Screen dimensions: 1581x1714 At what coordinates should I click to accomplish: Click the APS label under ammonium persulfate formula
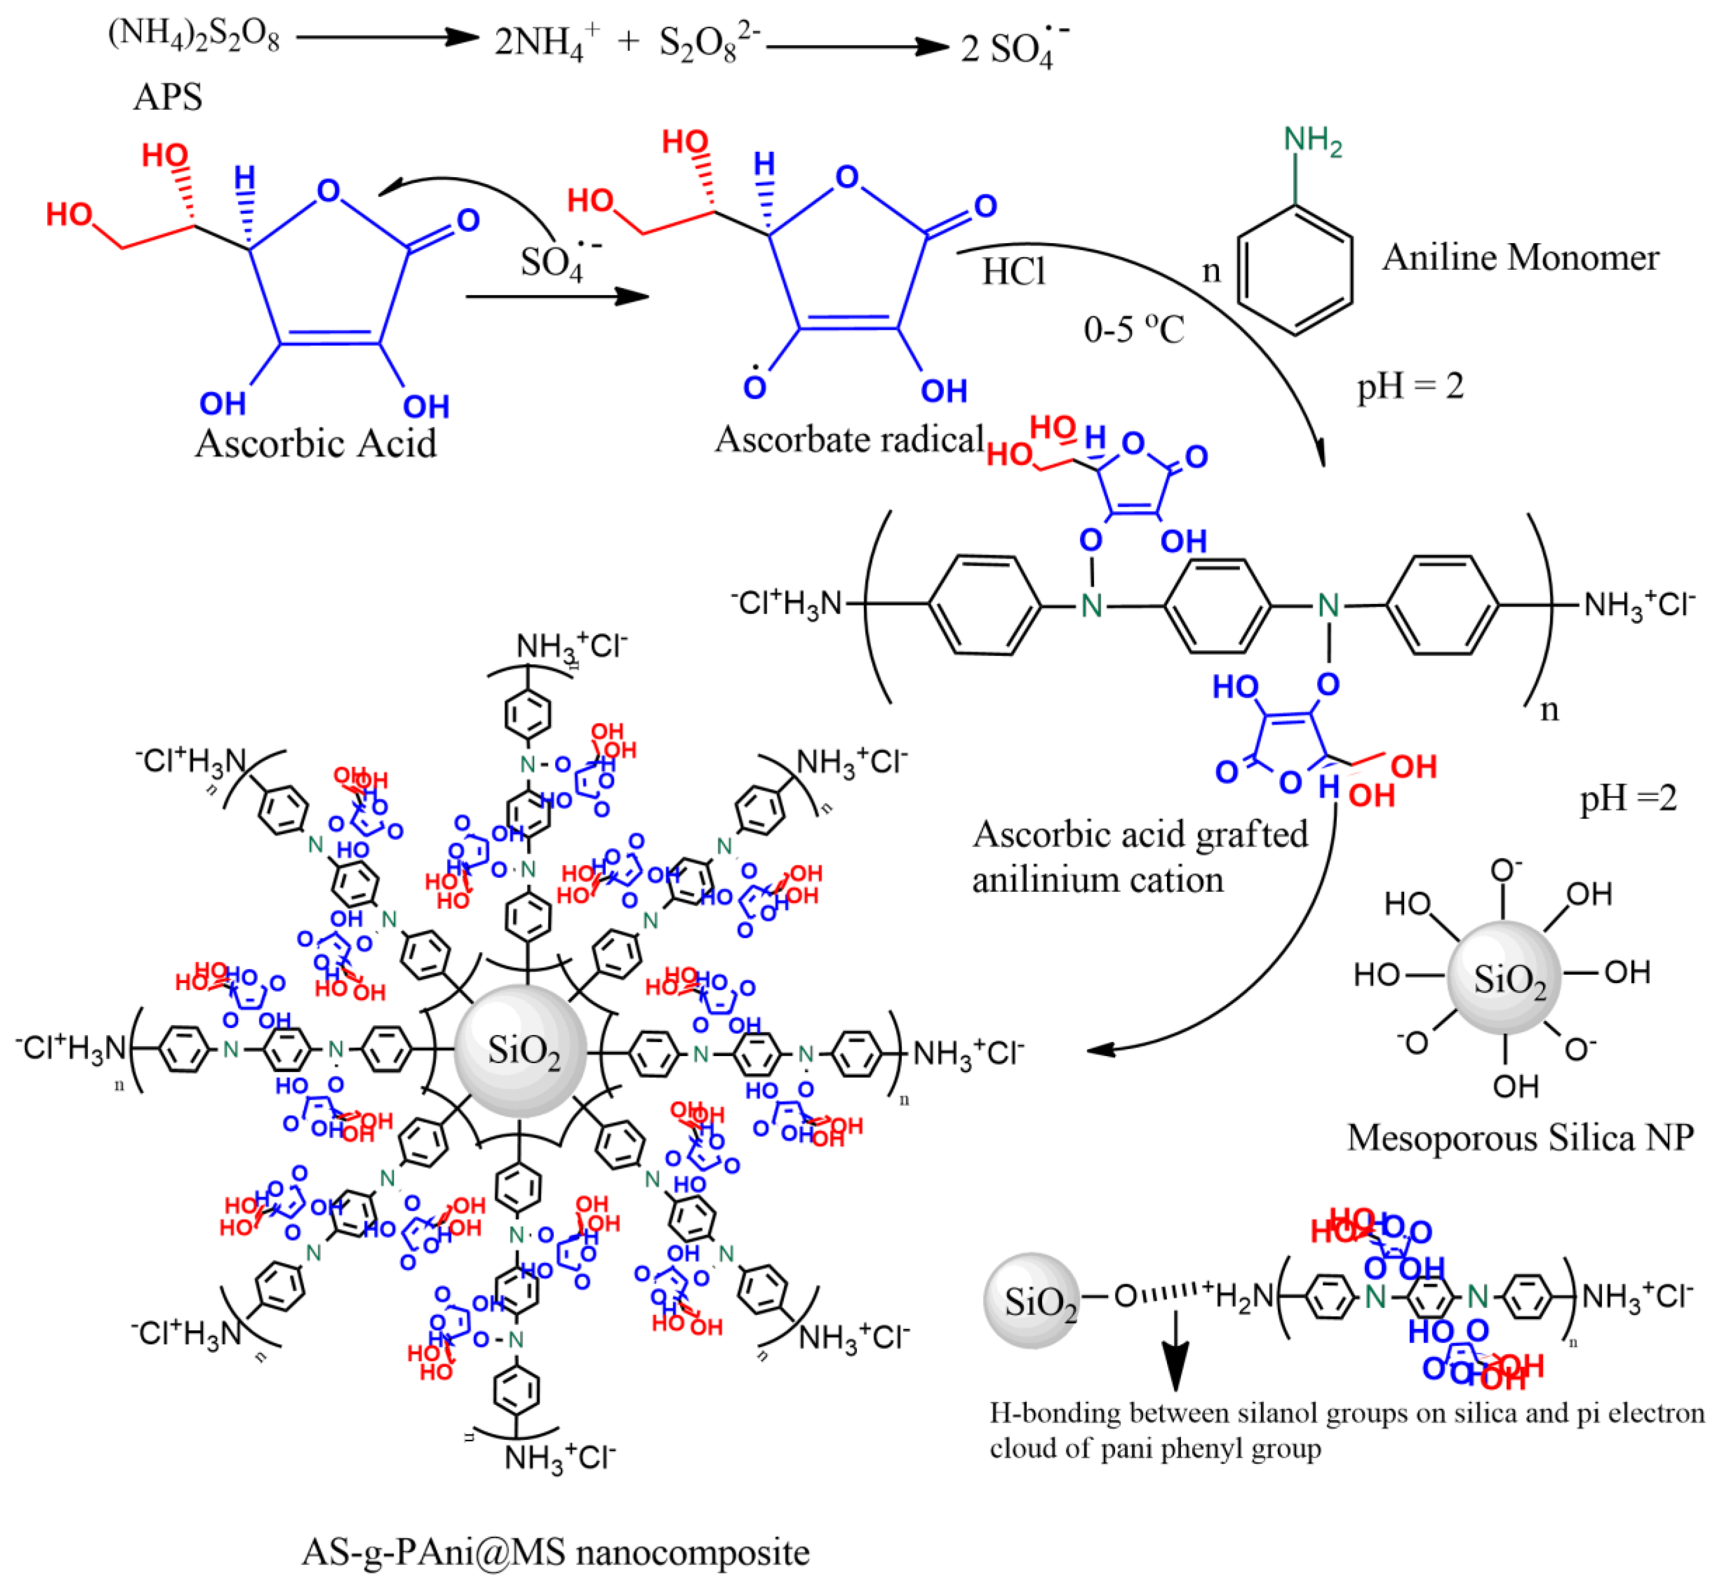pyautogui.click(x=168, y=97)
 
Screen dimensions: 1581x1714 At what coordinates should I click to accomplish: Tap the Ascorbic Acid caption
pyautogui.click(x=316, y=443)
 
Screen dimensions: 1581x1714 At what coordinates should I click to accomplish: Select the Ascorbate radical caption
pyautogui.click(x=849, y=439)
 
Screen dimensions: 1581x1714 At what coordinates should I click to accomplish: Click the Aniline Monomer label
pyautogui.click(x=1520, y=258)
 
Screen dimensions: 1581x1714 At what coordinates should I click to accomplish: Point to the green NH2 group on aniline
pyautogui.click(x=1312, y=141)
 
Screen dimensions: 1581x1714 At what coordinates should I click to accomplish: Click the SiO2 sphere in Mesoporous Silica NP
pyautogui.click(x=1504, y=978)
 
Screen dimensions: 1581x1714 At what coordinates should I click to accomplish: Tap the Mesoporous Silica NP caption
pyautogui.click(x=1520, y=1138)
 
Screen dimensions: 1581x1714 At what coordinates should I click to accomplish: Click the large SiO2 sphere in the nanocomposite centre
pyautogui.click(x=521, y=1050)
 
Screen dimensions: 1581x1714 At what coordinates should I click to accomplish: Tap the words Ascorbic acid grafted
pyautogui.click(x=1140, y=834)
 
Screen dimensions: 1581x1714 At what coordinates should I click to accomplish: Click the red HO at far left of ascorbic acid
pyautogui.click(x=68, y=214)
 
